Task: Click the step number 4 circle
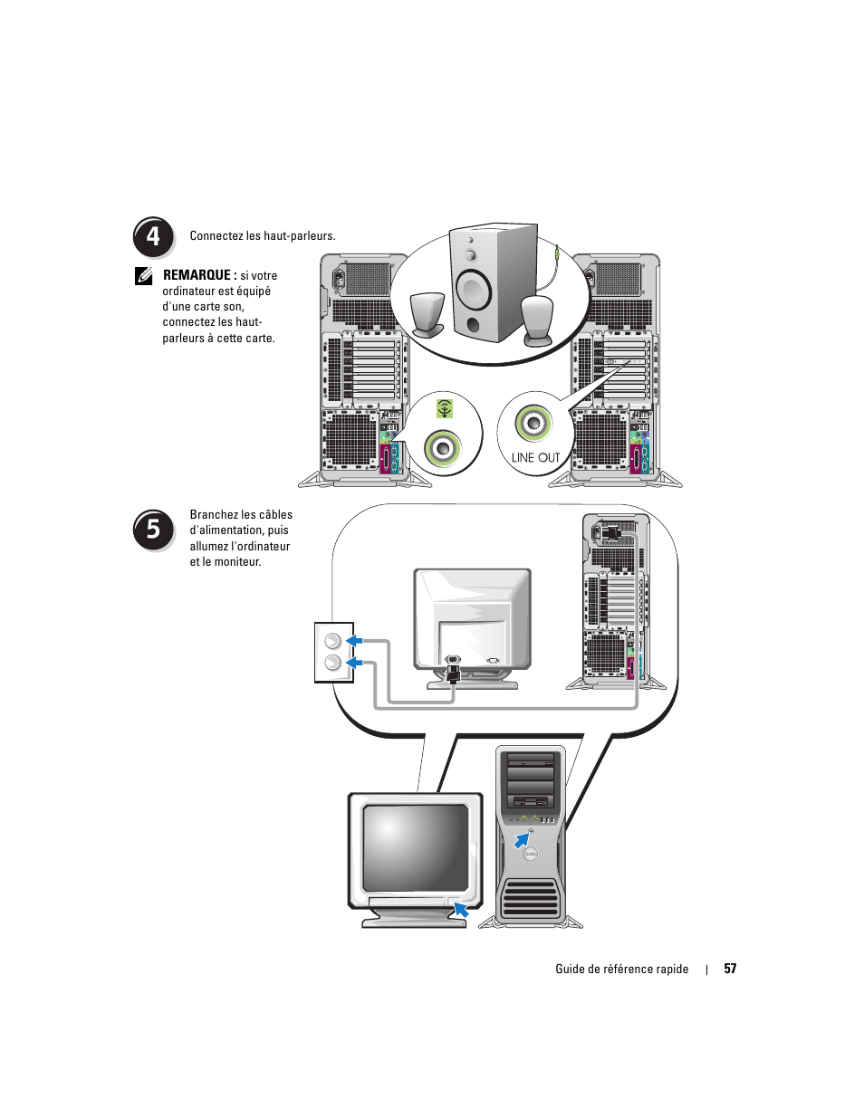point(153,237)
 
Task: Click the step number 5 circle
point(153,530)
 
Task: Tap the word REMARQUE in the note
point(197,275)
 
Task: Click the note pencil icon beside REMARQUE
point(144,276)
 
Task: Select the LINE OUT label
point(535,457)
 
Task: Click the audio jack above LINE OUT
point(533,423)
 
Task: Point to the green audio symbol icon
point(444,409)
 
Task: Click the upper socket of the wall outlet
point(332,641)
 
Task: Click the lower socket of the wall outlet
point(332,664)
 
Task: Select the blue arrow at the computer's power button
point(522,841)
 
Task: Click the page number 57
point(730,969)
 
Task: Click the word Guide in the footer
point(570,969)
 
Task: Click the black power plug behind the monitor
point(454,673)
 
